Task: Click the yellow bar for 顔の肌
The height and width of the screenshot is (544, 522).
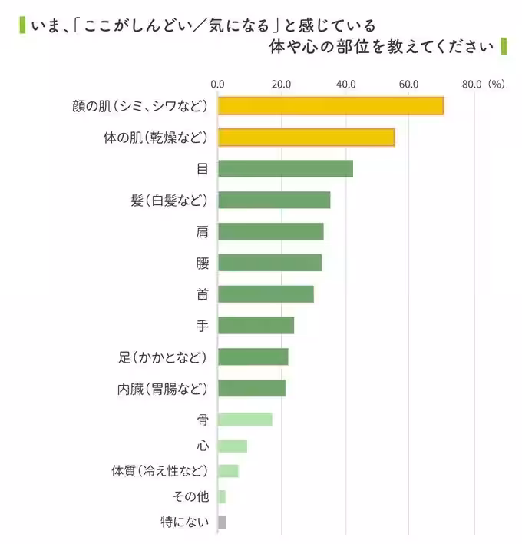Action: pyautogui.click(x=330, y=106)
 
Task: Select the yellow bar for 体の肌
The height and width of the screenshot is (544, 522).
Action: pyautogui.click(x=306, y=138)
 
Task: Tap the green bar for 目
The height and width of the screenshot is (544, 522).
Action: pyautogui.click(x=285, y=169)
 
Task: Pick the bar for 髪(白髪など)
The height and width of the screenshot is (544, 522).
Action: pyautogui.click(x=274, y=201)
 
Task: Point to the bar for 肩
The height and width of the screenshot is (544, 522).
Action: pyautogui.click(x=270, y=231)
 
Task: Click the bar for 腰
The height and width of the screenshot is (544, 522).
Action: pyautogui.click(x=269, y=263)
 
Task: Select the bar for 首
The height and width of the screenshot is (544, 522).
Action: pyautogui.click(x=266, y=294)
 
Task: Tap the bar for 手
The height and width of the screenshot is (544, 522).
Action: pyautogui.click(x=256, y=326)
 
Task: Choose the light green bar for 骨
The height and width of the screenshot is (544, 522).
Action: pyautogui.click(x=245, y=420)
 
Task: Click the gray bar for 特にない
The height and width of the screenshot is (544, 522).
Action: pyautogui.click(x=222, y=522)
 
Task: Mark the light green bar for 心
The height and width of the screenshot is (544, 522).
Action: pyautogui.click(x=233, y=446)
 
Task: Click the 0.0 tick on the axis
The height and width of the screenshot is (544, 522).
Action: pyautogui.click(x=217, y=85)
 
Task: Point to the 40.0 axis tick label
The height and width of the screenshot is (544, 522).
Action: pyautogui.click(x=345, y=85)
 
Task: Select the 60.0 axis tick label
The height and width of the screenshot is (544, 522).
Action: pyautogui.click(x=408, y=85)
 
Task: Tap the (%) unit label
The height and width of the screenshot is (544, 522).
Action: pyautogui.click(x=496, y=85)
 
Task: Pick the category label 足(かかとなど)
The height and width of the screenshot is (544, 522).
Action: pyautogui.click(x=163, y=357)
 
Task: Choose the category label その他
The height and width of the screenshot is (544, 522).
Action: pyautogui.click(x=191, y=497)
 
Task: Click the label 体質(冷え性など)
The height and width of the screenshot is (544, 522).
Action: pyautogui.click(x=160, y=472)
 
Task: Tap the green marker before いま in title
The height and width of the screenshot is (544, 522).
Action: pyautogui.click(x=21, y=25)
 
